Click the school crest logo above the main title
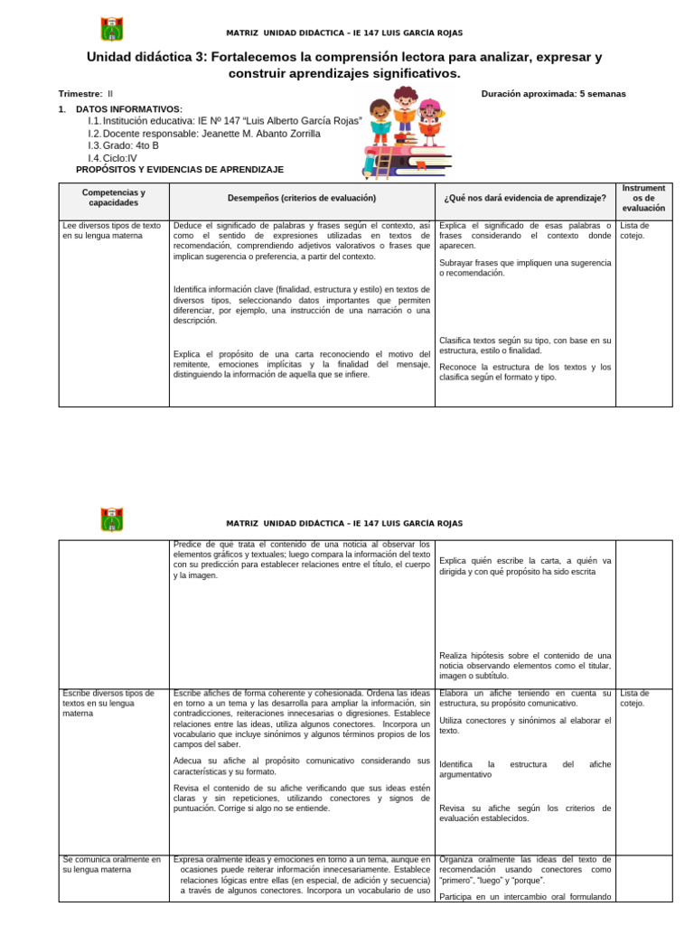(112, 29)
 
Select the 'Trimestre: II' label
(86, 94)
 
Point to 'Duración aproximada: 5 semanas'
(553, 94)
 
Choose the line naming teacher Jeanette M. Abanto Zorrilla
(204, 133)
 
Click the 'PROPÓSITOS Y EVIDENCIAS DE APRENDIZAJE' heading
(180, 170)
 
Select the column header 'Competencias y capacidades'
(114, 198)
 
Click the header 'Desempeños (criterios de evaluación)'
(301, 198)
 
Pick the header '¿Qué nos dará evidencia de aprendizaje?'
(524, 198)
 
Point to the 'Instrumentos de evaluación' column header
(643, 198)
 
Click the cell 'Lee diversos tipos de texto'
(112, 230)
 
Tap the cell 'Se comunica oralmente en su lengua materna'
(112, 864)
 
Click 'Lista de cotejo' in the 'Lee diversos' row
(634, 230)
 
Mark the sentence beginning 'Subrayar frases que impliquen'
(524, 267)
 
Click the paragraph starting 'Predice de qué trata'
(301, 559)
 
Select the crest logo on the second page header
(112, 520)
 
